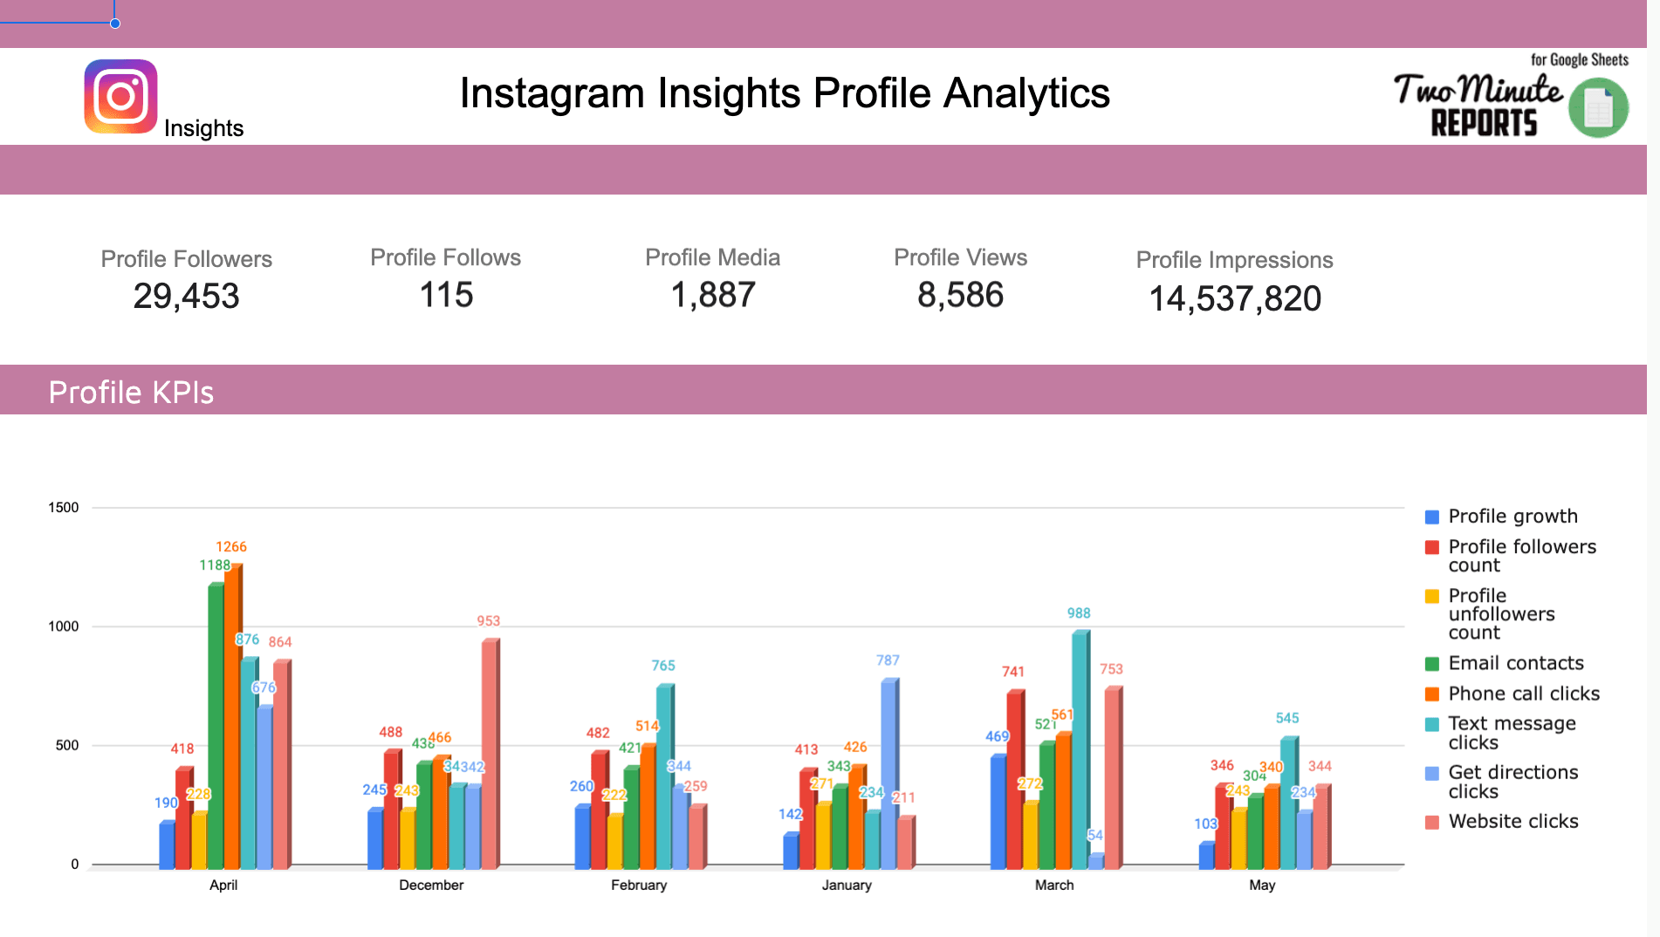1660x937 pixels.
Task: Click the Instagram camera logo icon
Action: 120,96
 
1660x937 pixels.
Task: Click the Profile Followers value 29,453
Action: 186,297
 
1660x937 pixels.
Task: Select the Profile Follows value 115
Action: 446,295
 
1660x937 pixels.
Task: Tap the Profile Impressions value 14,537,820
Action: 1234,299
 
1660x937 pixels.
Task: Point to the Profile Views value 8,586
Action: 960,295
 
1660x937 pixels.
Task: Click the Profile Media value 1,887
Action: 712,295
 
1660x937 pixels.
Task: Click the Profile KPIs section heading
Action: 131,393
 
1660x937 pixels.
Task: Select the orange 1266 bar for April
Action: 231,715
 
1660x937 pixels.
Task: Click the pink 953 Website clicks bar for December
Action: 489,755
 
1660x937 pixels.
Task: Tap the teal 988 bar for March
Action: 1079,750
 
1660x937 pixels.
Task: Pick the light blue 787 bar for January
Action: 888,775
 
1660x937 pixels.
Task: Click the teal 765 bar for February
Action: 663,776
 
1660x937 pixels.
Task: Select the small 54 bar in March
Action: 1095,860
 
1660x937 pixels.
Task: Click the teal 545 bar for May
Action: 1287,803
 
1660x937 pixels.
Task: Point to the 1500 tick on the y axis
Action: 63,508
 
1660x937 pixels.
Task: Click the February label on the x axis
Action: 639,885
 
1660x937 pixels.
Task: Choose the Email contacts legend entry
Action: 1515,663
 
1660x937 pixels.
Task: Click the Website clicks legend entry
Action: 1513,821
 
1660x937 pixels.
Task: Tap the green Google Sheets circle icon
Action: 1598,108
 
